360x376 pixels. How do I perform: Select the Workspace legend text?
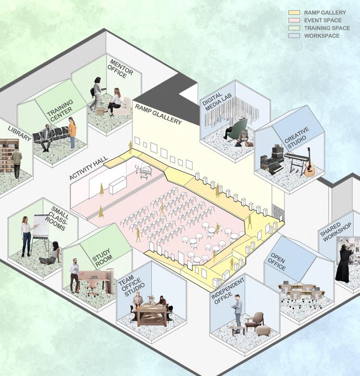(322, 36)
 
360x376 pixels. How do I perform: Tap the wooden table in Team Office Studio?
(151, 313)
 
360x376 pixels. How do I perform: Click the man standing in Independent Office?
(238, 313)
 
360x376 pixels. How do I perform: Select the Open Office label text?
(278, 263)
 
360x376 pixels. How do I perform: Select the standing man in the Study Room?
(74, 275)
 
